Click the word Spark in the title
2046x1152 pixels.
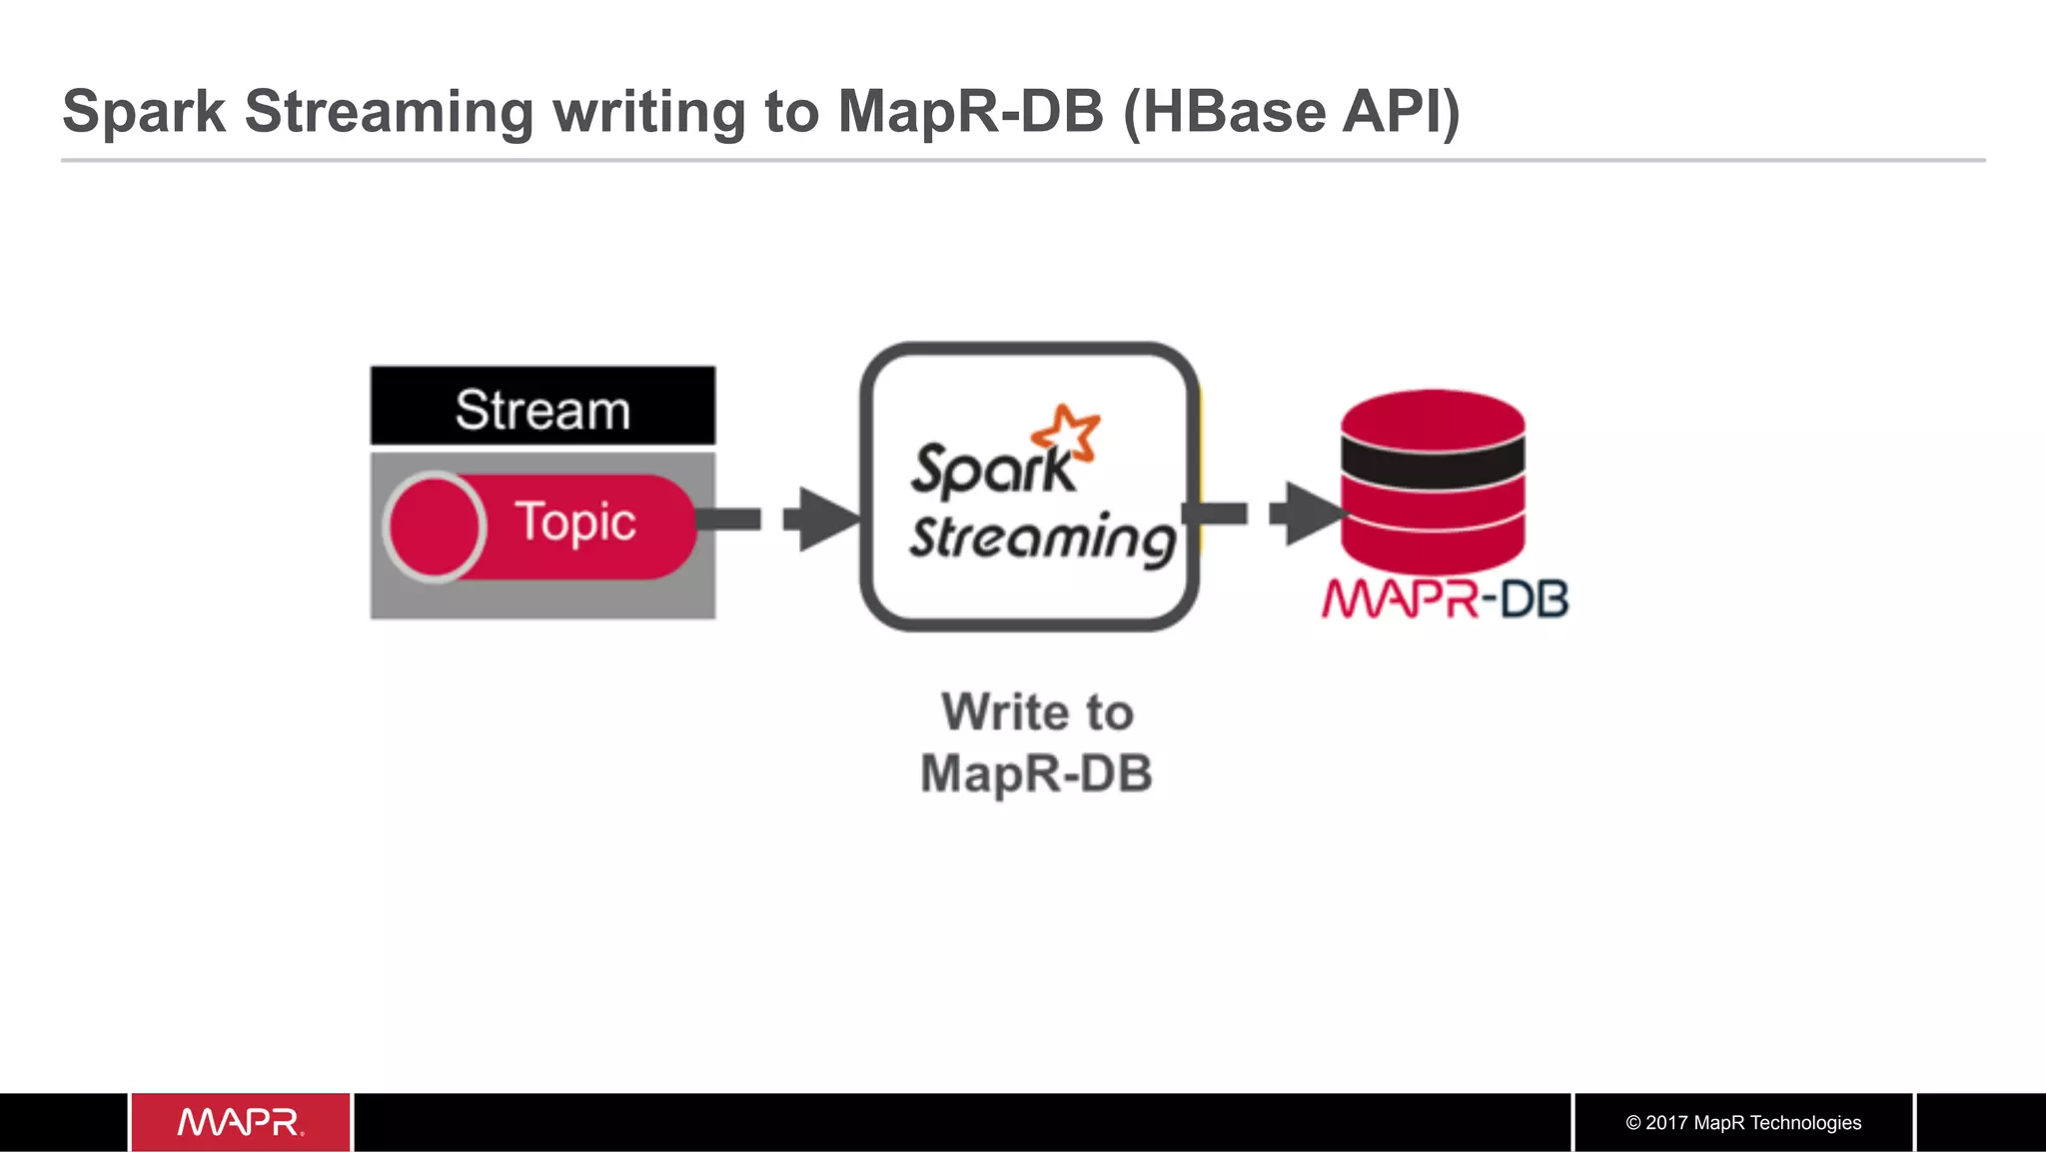144,111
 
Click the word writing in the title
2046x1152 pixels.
648,111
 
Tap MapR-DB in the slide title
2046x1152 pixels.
970,111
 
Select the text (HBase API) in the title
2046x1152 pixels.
1291,111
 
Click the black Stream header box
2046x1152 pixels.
542,407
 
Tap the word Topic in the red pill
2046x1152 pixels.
574,523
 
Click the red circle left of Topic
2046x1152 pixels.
434,527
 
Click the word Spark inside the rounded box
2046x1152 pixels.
991,470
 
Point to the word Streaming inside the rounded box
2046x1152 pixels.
1041,539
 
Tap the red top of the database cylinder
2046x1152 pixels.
1433,416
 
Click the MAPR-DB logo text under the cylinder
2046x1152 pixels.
1445,599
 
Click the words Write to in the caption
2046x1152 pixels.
1037,712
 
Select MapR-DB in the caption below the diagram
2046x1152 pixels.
1036,773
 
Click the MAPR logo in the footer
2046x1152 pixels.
240,1122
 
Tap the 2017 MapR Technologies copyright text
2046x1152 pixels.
1743,1122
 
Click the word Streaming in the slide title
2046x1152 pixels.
389,111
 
